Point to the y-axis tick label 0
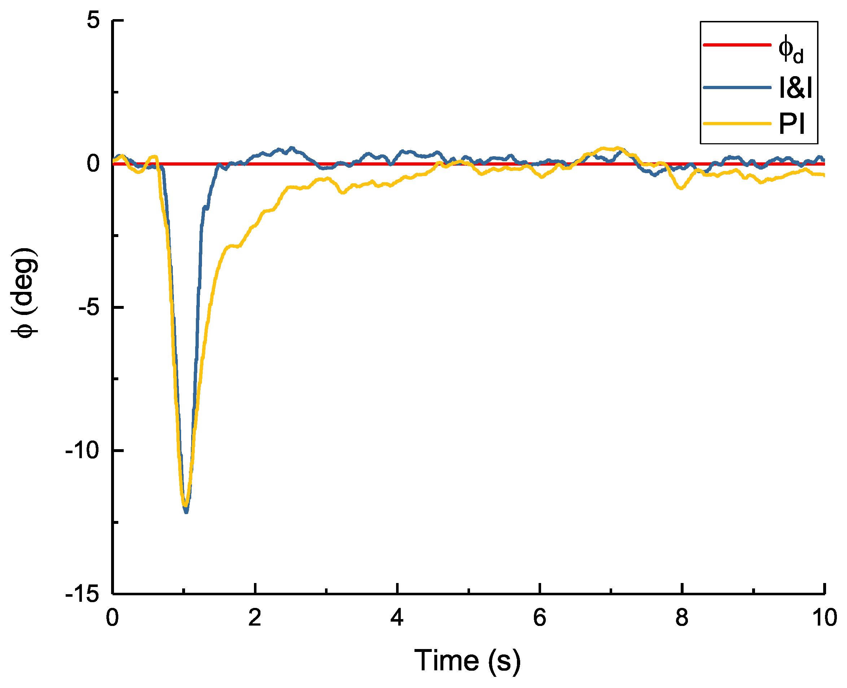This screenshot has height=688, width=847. point(93,164)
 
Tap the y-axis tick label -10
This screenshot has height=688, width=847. point(82,451)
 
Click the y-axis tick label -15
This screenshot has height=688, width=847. point(82,594)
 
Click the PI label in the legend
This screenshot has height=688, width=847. point(791,124)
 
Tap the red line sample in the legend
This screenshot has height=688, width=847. point(737,45)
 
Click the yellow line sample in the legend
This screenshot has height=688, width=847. point(737,124)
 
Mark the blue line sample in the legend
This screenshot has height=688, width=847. point(737,87)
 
